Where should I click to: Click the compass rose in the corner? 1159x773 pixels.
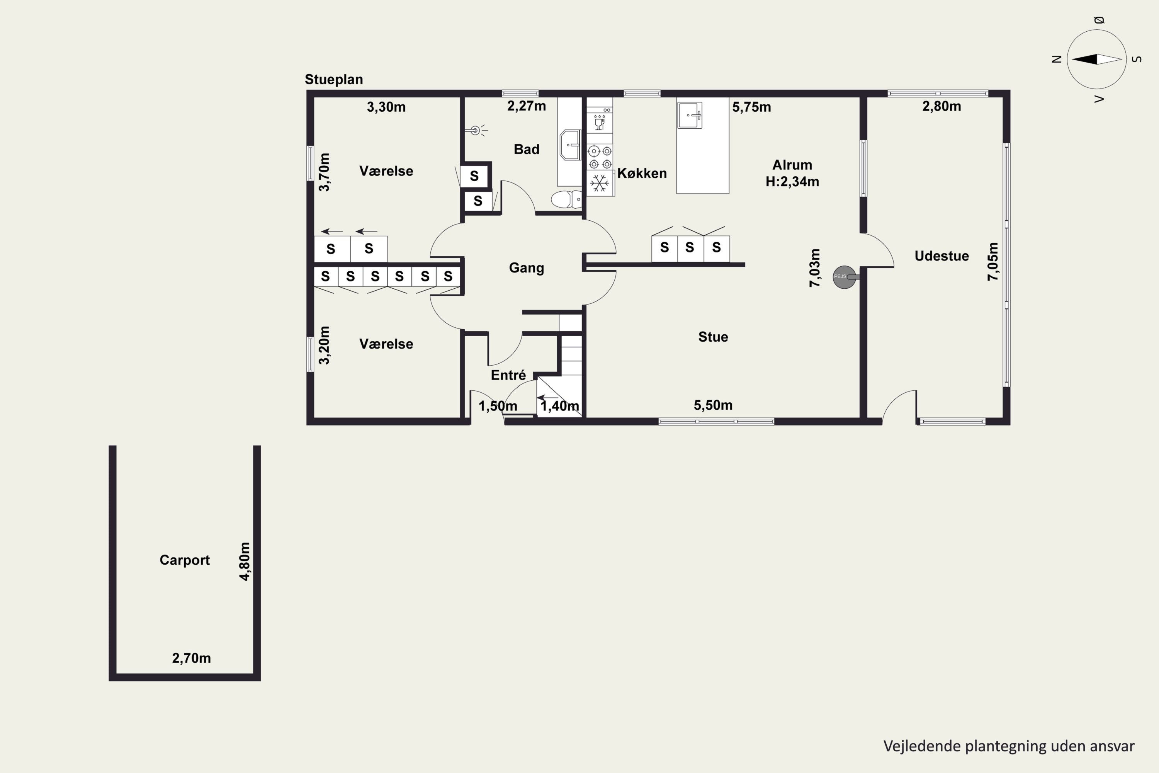point(1096,59)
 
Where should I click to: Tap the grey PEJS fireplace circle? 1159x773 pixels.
point(844,277)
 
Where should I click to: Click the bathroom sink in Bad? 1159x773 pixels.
point(571,145)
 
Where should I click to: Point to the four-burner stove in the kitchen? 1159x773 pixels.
point(600,157)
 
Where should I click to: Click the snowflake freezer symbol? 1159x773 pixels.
point(600,183)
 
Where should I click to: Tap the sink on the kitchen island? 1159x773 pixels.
point(690,115)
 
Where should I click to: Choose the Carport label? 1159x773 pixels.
point(185,560)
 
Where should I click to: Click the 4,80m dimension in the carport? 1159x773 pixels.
point(245,562)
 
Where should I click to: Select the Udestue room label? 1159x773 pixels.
point(942,256)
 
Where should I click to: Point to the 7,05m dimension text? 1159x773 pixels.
point(993,262)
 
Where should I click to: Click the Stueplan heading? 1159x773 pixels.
point(334,79)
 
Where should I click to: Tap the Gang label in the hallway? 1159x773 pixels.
point(526,268)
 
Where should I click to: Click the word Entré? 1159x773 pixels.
point(508,375)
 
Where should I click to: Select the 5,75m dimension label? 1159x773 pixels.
point(751,107)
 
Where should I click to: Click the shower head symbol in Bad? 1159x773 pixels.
point(476,130)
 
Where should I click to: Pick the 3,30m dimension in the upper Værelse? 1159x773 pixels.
point(386,107)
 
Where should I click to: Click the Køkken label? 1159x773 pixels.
point(642,173)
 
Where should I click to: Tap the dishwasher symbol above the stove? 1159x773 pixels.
point(600,122)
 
